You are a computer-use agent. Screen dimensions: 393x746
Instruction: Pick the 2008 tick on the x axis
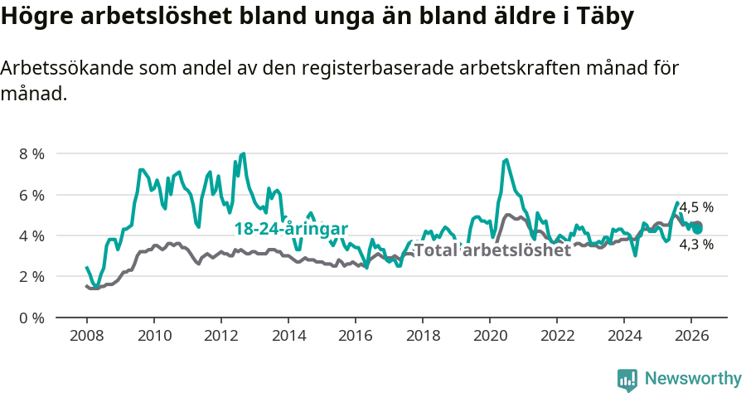tap(86, 336)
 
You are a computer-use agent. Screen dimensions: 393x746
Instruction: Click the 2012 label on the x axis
tap(220, 336)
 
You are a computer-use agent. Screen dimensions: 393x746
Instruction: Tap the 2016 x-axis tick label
tap(355, 336)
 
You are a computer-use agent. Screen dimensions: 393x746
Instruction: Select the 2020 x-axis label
tap(489, 336)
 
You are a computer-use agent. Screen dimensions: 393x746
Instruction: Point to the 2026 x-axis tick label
tap(690, 336)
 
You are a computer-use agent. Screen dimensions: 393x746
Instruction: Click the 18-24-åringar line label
tap(290, 229)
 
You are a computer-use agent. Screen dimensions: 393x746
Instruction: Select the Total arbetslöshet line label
tap(492, 250)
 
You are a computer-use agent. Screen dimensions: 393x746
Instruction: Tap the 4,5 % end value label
tap(696, 208)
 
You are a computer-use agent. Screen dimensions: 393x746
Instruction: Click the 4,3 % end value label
tap(696, 245)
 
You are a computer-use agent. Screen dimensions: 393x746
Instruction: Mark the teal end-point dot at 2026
tap(697, 229)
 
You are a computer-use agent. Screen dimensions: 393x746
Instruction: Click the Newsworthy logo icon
tap(627, 380)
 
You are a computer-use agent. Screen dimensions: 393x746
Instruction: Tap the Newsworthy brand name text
tap(693, 379)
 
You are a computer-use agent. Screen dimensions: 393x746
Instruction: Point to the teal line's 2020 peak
tap(505, 159)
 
